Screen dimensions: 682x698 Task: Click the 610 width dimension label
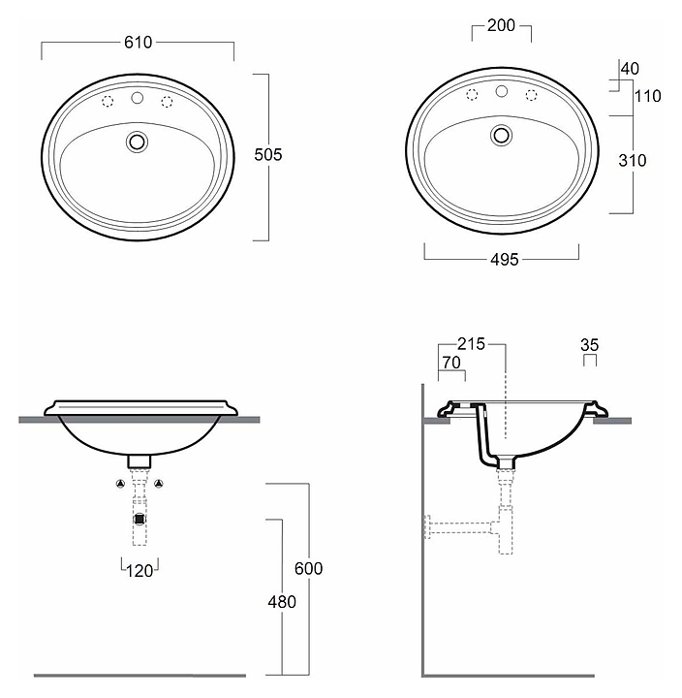138,43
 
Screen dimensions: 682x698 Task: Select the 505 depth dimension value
267,154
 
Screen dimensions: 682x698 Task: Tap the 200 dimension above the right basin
501,25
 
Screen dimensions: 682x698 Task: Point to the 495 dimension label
505,259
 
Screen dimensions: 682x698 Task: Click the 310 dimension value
633,160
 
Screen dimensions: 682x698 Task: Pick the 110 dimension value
647,96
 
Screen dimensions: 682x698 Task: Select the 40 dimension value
630,69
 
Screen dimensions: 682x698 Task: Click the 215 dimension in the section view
471,343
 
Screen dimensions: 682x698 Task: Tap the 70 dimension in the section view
451,363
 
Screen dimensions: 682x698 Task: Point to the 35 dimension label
589,345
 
